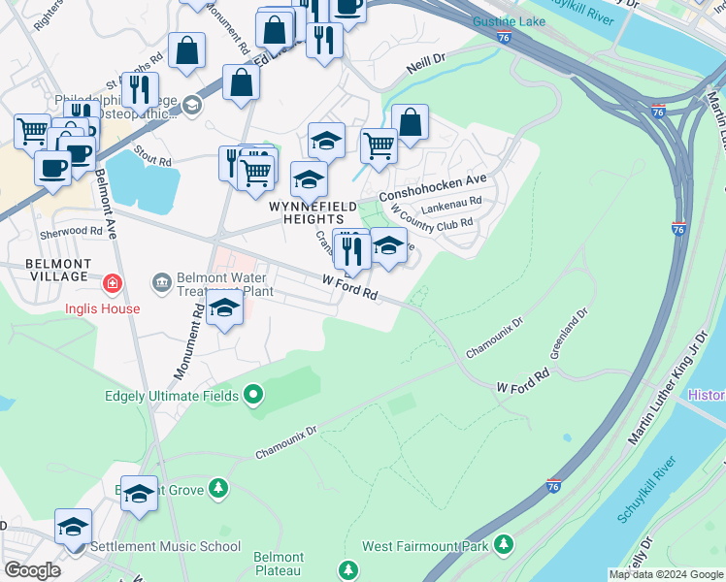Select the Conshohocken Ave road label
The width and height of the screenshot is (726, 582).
click(432, 187)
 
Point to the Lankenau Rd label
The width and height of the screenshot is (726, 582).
click(450, 207)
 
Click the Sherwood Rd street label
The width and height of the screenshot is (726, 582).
click(71, 232)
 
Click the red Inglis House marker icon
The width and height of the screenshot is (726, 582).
click(114, 283)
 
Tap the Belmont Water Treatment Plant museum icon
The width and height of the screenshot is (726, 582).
click(162, 283)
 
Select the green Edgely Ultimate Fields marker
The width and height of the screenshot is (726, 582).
click(253, 394)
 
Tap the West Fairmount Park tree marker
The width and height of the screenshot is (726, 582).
click(504, 546)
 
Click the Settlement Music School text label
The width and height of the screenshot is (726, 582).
click(165, 546)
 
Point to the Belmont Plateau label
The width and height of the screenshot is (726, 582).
click(279, 565)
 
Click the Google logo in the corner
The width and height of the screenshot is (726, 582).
click(32, 570)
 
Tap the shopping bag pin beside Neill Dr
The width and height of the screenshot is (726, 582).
click(411, 123)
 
